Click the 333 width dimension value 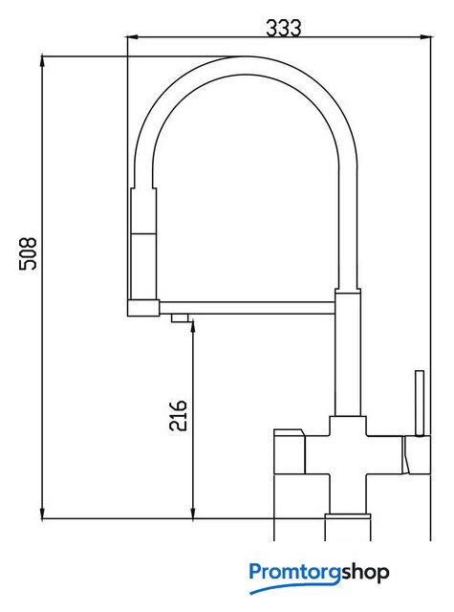pyautogui.click(x=284, y=28)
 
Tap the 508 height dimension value pyautogui.click(x=28, y=253)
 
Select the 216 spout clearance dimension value pyautogui.click(x=178, y=415)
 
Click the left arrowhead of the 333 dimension pyautogui.click(x=132, y=37)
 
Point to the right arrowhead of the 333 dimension pyautogui.click(x=425, y=37)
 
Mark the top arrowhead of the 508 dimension pyautogui.click(x=42, y=62)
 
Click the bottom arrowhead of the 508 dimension pyautogui.click(x=42, y=513)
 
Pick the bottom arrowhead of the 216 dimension pyautogui.click(x=193, y=513)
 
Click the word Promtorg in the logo pyautogui.click(x=295, y=573)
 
